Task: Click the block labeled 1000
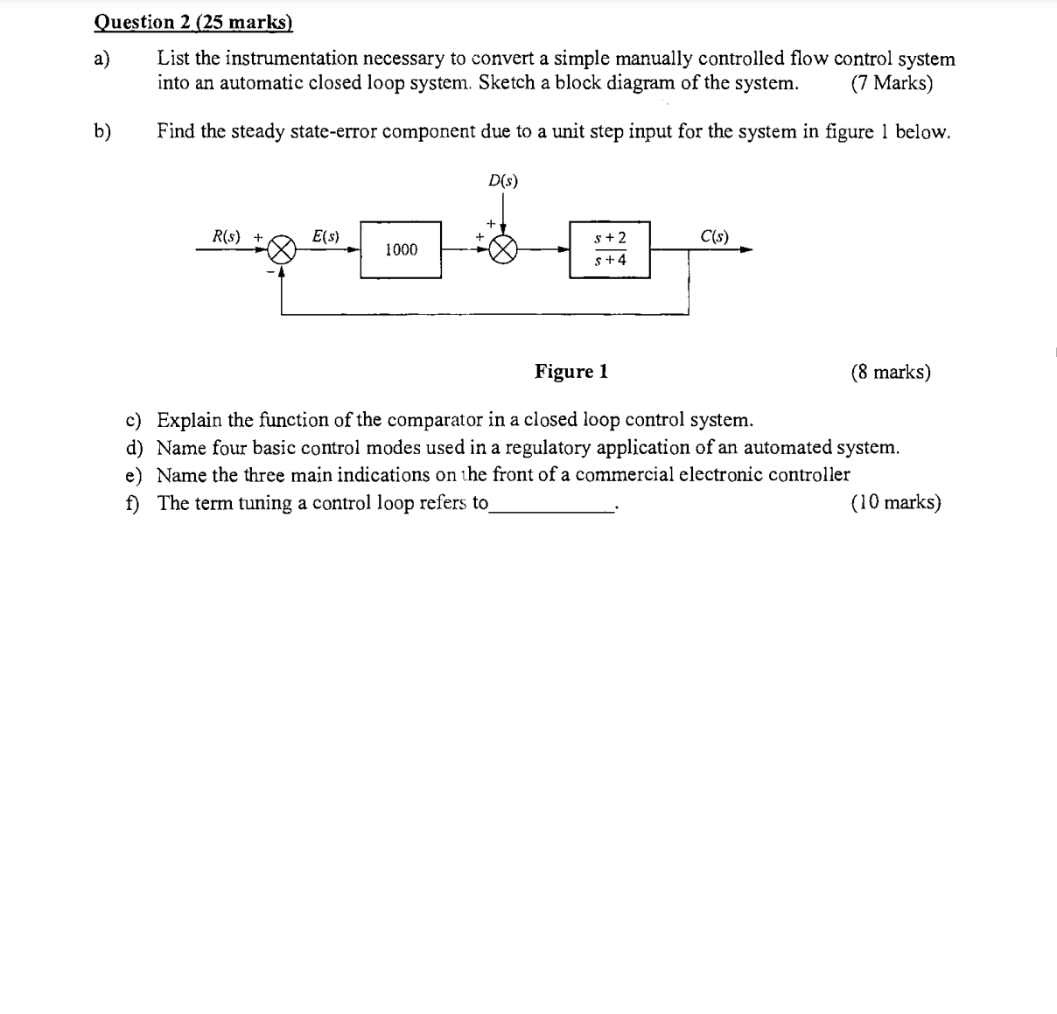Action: pos(401,250)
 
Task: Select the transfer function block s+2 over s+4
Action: pos(610,250)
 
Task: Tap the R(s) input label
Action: pos(227,236)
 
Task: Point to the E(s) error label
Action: pos(325,236)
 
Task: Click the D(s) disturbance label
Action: pos(502,181)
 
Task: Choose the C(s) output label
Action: pos(714,236)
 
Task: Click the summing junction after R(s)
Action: pos(281,251)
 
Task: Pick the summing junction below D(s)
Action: pos(503,251)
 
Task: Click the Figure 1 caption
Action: pos(571,372)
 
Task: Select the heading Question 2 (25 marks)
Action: pos(192,22)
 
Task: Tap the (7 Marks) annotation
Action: pos(891,83)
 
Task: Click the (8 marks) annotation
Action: pos(890,372)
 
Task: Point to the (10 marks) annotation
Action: pos(895,502)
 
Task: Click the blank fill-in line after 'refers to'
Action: pos(552,506)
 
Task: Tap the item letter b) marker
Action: pos(103,131)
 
